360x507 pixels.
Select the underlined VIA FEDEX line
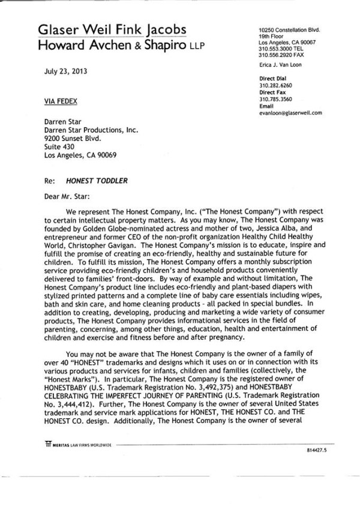(x=58, y=101)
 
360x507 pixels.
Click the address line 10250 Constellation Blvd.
(x=289, y=30)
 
